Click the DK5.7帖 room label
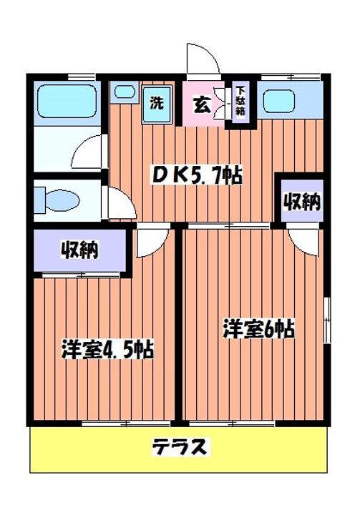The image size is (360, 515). (x=195, y=174)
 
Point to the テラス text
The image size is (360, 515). (x=180, y=448)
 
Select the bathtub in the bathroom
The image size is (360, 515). (x=65, y=101)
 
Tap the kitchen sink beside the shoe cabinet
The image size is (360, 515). (x=280, y=102)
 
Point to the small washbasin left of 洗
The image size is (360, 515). (x=125, y=92)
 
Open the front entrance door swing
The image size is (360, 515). (x=203, y=59)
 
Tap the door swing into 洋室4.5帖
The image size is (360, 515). (x=152, y=242)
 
